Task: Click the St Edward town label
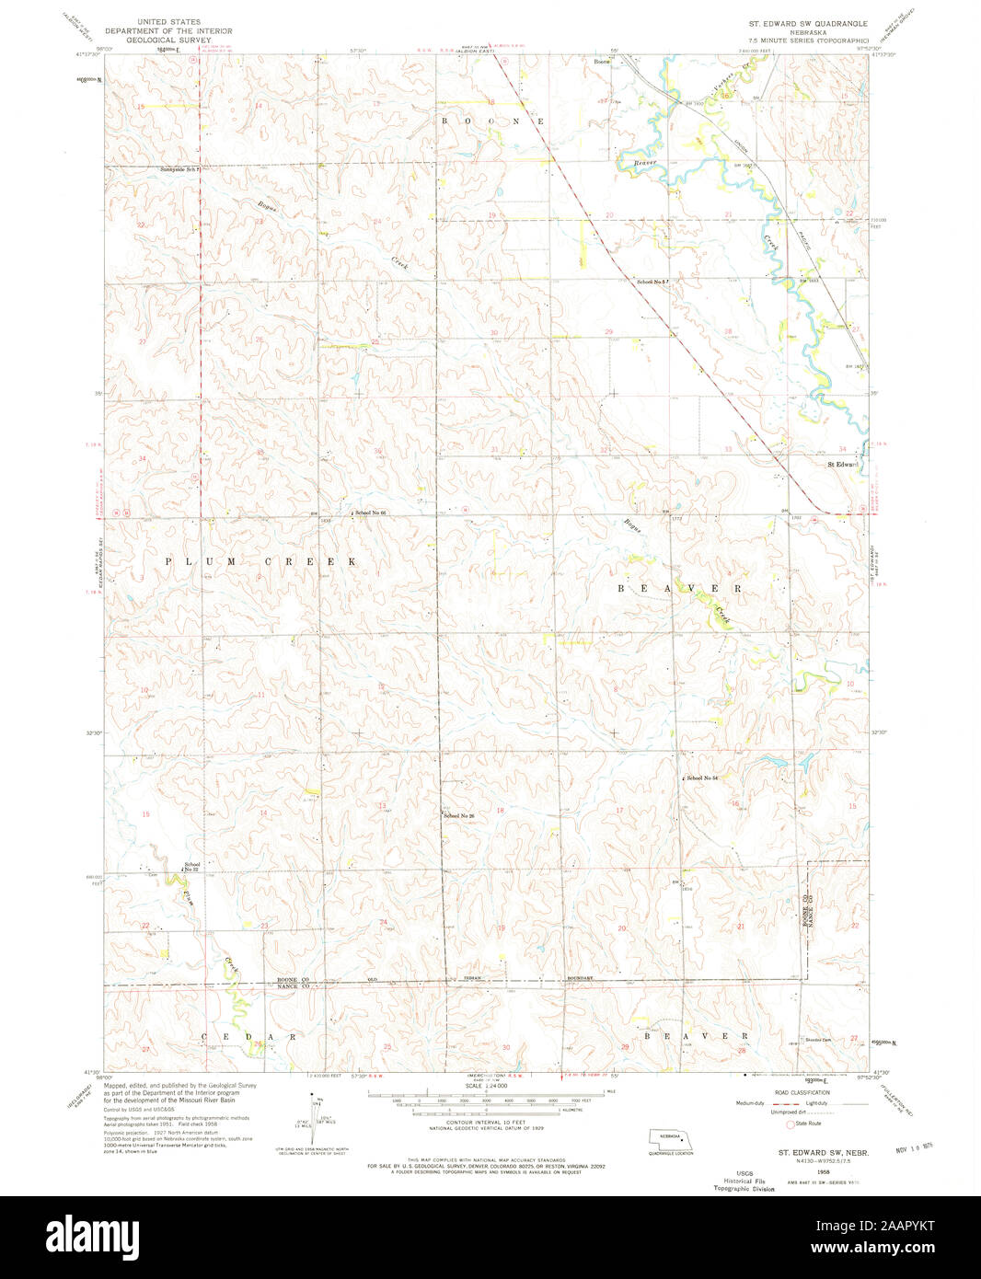pyautogui.click(x=842, y=464)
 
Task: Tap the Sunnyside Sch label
pyautogui.click(x=179, y=170)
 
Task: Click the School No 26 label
pyautogui.click(x=458, y=815)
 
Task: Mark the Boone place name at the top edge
pyautogui.click(x=602, y=62)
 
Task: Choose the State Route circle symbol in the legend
pyautogui.click(x=789, y=1123)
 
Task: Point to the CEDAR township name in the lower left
pyautogui.click(x=249, y=1036)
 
